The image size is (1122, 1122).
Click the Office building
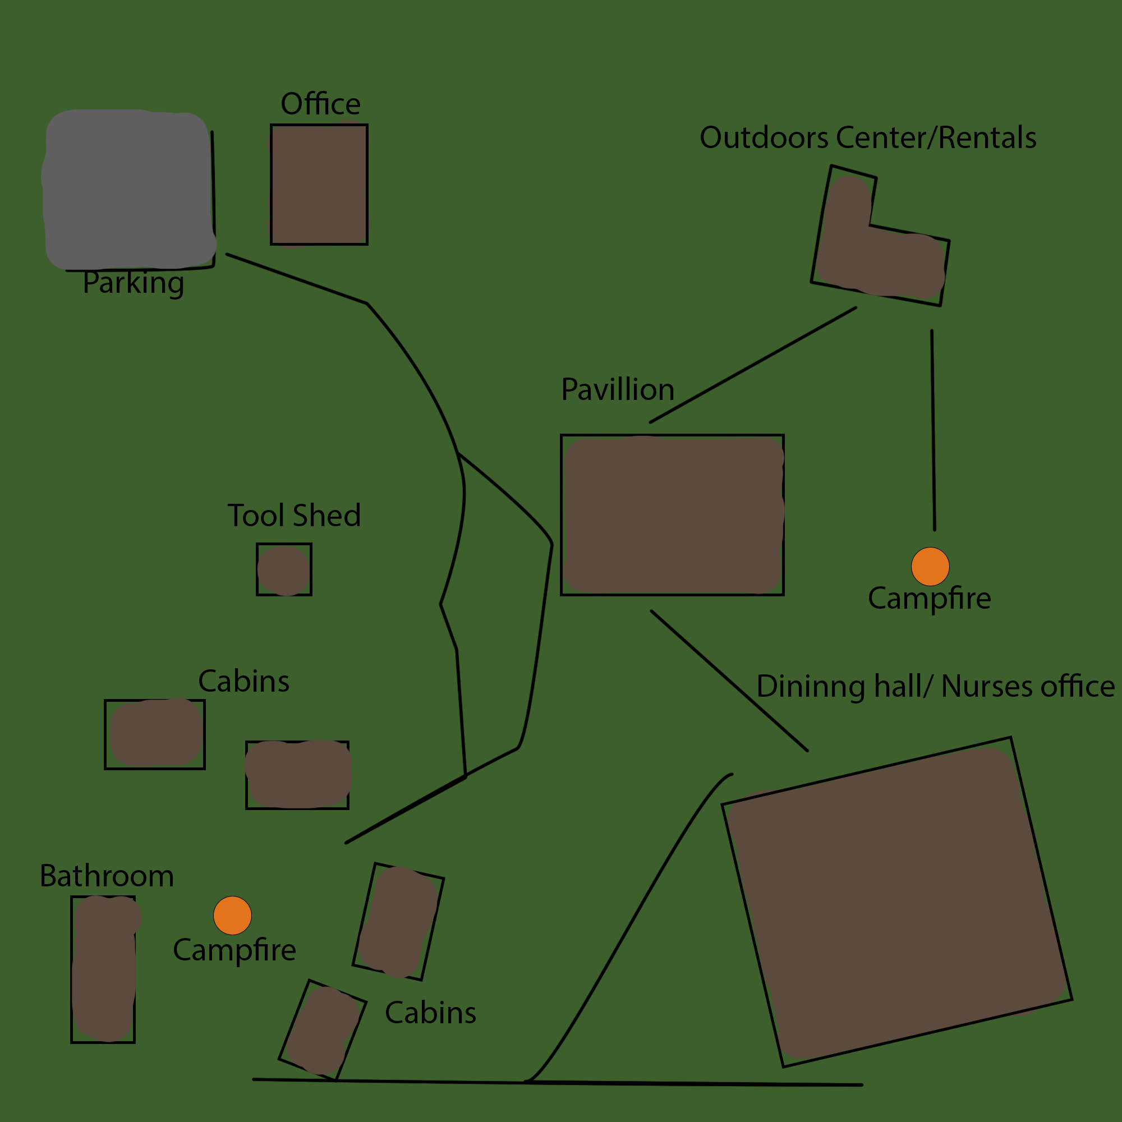click(x=319, y=185)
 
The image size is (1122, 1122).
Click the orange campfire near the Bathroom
click(x=232, y=916)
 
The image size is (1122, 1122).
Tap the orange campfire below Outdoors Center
click(x=930, y=566)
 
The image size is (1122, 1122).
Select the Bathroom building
click(x=103, y=970)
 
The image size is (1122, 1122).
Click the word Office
click(x=320, y=104)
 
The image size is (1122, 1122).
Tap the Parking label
click(x=133, y=283)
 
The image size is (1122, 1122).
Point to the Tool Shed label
click(x=294, y=515)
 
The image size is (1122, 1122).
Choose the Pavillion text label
click(x=617, y=389)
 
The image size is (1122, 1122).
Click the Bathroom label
click(x=107, y=876)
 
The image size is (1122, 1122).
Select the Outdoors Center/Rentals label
click(x=868, y=137)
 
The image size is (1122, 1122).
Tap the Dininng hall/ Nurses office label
click(x=935, y=687)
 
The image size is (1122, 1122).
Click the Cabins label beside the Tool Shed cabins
click(x=243, y=681)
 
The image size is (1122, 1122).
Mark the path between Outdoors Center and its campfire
click(x=933, y=430)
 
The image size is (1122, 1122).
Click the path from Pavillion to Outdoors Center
click(x=753, y=365)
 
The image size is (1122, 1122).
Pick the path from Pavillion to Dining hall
click(x=729, y=680)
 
